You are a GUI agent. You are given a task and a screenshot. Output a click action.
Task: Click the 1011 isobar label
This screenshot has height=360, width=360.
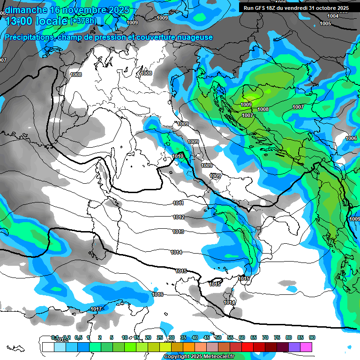pos(178,203)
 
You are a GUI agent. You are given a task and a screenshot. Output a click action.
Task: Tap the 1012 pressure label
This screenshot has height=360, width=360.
pos(178,217)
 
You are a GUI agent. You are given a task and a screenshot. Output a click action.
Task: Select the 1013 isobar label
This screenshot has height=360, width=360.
pos(178,232)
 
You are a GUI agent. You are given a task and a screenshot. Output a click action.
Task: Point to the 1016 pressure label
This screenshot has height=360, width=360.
pos(158,294)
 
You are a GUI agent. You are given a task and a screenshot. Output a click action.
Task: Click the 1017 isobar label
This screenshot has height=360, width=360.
pos(97,309)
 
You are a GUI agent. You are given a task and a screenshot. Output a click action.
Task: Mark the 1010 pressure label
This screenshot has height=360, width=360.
pos(178,156)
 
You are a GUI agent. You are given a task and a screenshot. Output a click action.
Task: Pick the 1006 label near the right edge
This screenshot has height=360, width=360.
pos(351,138)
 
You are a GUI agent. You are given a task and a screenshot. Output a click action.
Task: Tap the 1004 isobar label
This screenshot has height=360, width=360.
pos(333,16)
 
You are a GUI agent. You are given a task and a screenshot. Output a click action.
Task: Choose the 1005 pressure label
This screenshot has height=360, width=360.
pos(325,23)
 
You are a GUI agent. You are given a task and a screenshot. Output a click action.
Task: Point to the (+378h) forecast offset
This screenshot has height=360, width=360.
pos(84,21)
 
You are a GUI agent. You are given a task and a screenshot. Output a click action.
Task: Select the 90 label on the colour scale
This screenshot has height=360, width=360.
pos(312,337)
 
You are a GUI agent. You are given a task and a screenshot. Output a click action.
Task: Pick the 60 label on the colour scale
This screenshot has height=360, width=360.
pos(241,337)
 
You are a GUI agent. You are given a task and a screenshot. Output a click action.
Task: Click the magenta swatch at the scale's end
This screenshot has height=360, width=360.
pos(306,347)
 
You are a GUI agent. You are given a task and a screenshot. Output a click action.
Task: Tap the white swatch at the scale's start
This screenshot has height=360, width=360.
pos(48,347)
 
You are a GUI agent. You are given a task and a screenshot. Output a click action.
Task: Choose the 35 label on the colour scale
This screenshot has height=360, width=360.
pos(183,337)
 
